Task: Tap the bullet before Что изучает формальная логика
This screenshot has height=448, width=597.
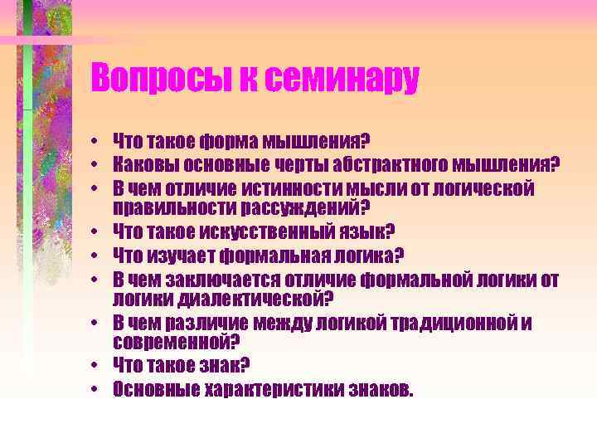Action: point(96,256)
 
